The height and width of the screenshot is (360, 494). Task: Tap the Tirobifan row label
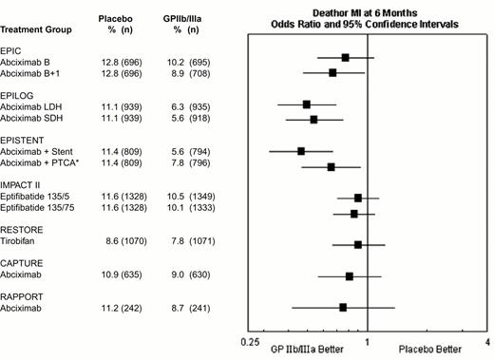coord(21,242)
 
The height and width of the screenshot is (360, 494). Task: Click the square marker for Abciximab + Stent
coord(301,151)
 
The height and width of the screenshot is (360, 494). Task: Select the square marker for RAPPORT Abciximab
coord(343,308)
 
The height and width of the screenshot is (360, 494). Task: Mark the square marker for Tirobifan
coord(358,244)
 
